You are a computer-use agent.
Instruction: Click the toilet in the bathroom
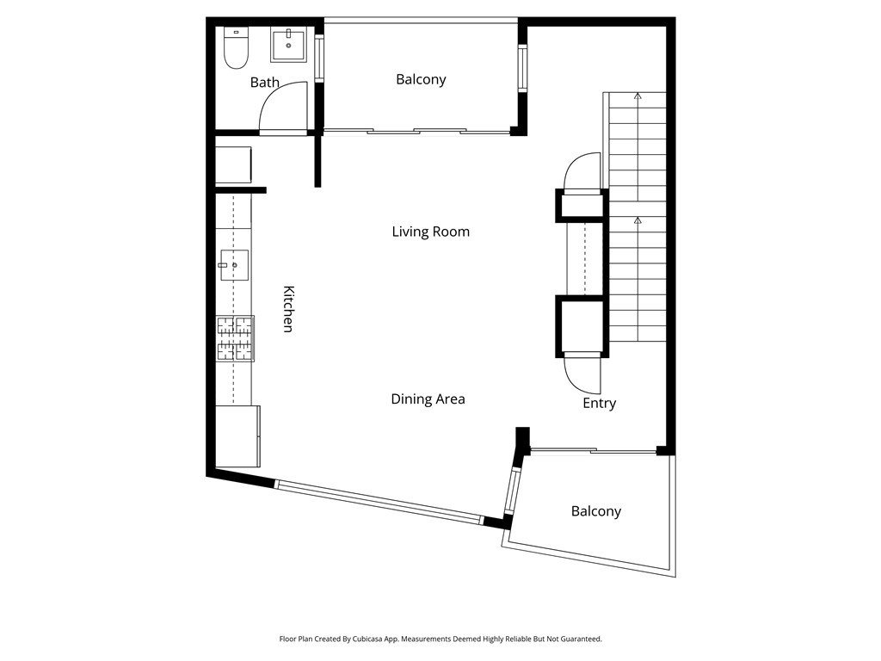(235, 48)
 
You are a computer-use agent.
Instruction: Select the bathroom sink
(289, 45)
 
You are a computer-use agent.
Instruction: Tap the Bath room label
(264, 83)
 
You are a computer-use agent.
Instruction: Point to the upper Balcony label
(421, 79)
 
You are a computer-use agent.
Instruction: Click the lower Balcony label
(595, 511)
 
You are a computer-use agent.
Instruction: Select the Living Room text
(430, 232)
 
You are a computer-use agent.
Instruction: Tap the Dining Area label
(428, 398)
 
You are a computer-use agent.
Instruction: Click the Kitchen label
(289, 309)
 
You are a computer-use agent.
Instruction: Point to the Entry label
(599, 403)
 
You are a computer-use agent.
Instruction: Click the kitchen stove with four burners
(235, 338)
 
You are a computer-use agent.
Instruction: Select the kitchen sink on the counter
(233, 265)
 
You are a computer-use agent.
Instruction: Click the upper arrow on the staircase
(638, 96)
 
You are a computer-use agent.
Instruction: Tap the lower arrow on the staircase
(638, 220)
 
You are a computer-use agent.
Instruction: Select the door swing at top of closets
(582, 170)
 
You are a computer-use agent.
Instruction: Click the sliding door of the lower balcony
(594, 450)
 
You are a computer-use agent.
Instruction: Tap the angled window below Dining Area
(379, 501)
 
